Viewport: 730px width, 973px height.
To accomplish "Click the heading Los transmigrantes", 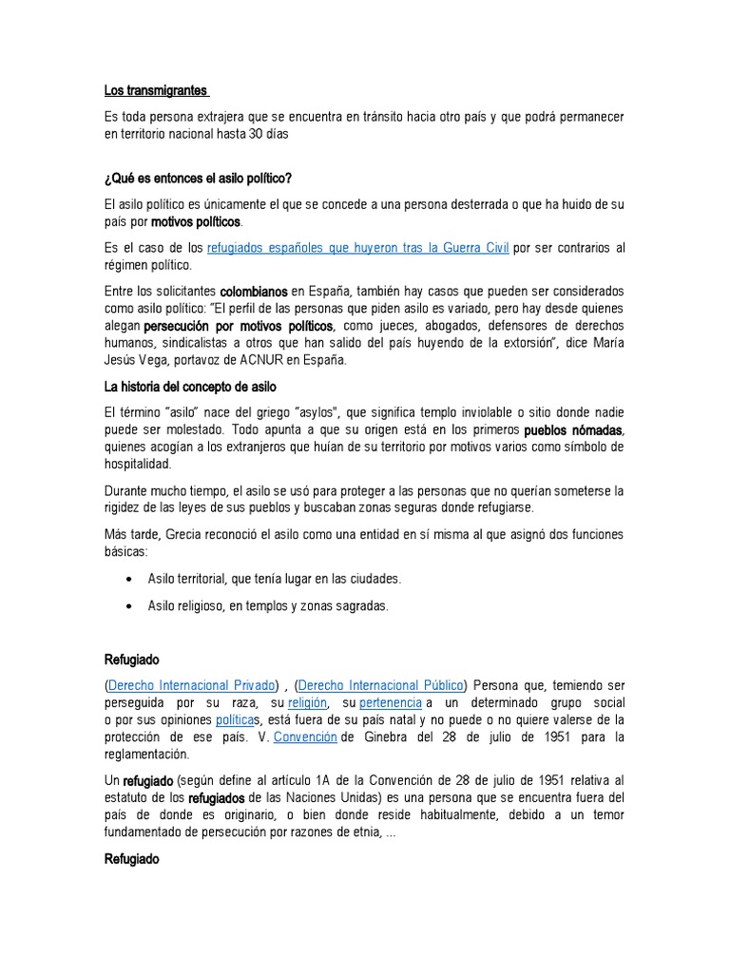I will [155, 91].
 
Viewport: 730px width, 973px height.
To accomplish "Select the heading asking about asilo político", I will [198, 178].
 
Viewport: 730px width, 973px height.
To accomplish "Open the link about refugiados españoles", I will [358, 248].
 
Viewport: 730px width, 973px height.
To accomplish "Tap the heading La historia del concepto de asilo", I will [190, 387].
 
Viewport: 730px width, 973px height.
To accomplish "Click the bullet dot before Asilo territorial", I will [130, 579].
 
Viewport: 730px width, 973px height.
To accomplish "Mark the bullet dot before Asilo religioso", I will [130, 606].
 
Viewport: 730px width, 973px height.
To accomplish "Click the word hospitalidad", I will [137, 464].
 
